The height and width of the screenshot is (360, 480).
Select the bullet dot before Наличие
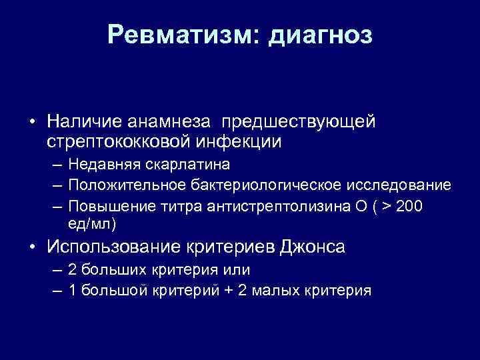pyautogui.click(x=31, y=123)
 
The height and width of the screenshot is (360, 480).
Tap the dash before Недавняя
pyautogui.click(x=59, y=165)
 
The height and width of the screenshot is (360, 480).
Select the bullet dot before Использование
pyautogui.click(x=31, y=247)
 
